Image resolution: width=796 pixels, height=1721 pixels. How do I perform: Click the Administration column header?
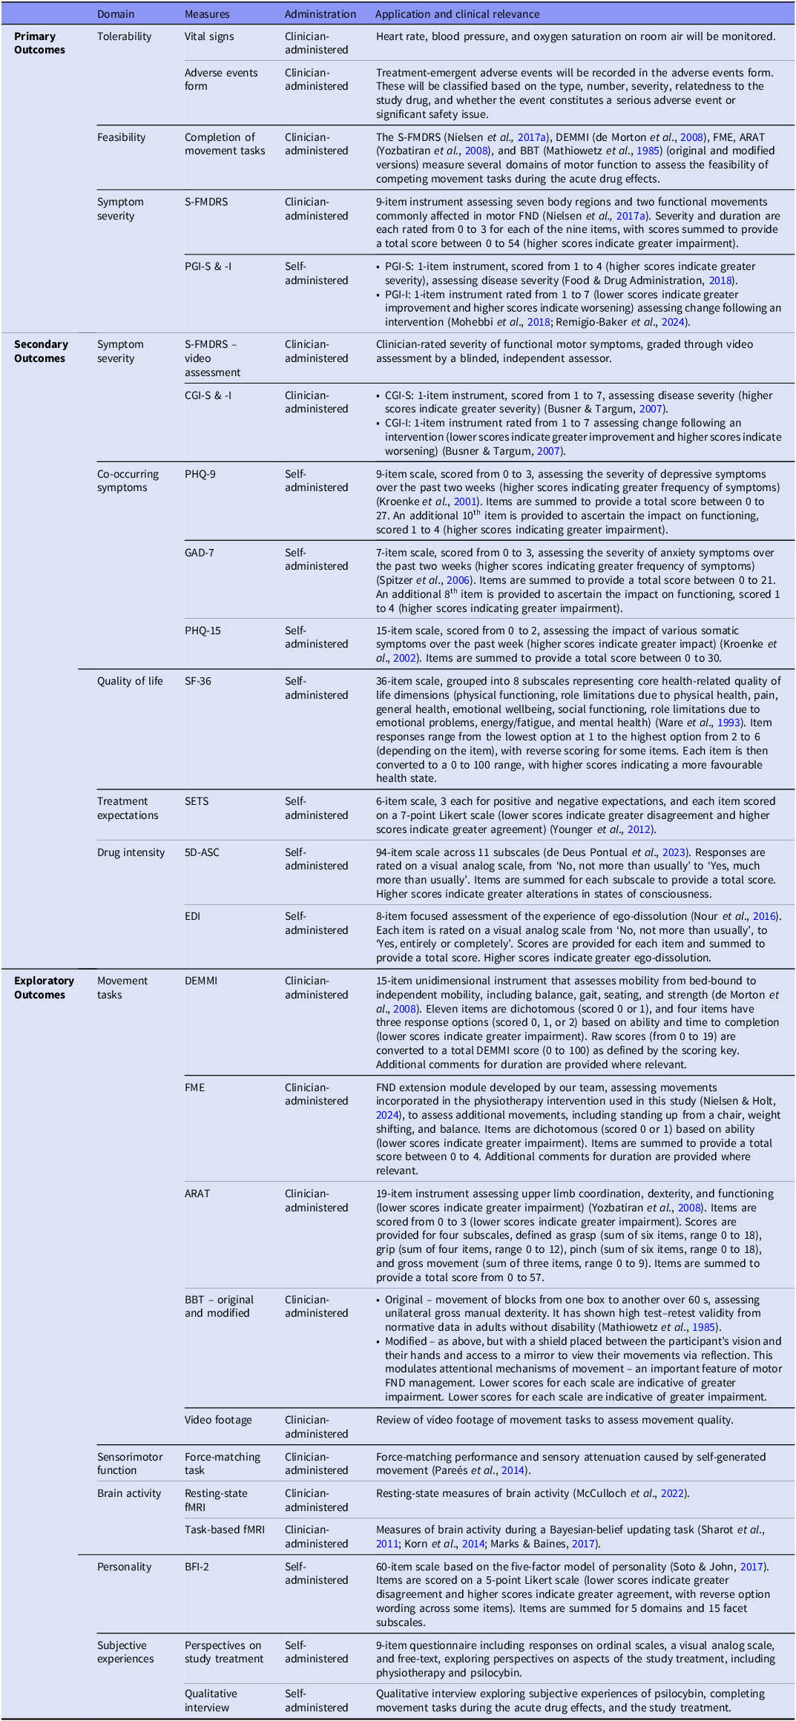pyautogui.click(x=320, y=14)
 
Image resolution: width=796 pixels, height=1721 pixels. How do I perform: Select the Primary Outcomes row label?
pyautogui.click(x=39, y=43)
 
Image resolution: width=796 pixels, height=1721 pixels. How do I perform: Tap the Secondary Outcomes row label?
pyautogui.click(x=41, y=351)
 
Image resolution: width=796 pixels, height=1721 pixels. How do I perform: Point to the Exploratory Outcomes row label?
pyautogui.click(x=44, y=987)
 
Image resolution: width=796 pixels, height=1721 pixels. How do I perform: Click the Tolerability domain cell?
pyautogui.click(x=124, y=36)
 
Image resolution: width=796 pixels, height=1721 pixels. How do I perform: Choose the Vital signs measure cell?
pyautogui.click(x=209, y=36)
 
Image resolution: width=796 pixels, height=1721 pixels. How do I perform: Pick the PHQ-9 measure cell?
pyautogui.click(x=200, y=474)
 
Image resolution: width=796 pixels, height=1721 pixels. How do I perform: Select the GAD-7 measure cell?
pyautogui.click(x=200, y=553)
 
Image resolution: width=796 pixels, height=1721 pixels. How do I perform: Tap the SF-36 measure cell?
pyautogui.click(x=198, y=681)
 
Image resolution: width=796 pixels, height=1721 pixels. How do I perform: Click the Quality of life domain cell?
pyautogui.click(x=130, y=681)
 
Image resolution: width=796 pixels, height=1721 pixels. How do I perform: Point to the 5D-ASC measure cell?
pyautogui.click(x=202, y=852)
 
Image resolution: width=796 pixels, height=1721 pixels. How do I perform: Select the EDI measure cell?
pyautogui.click(x=193, y=916)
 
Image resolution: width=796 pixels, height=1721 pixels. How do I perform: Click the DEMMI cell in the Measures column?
pyautogui.click(x=201, y=981)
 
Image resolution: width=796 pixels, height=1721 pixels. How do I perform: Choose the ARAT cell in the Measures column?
pyautogui.click(x=197, y=1194)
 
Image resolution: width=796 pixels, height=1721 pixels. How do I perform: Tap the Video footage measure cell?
pyautogui.click(x=218, y=1420)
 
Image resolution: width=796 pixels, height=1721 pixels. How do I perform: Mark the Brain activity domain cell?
pyautogui.click(x=129, y=1493)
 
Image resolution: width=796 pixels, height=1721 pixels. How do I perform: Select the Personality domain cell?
pyautogui.click(x=124, y=1567)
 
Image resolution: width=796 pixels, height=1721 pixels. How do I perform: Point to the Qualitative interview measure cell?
pyautogui.click(x=211, y=1700)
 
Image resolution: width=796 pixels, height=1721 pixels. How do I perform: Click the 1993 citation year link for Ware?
pyautogui.click(x=728, y=723)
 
